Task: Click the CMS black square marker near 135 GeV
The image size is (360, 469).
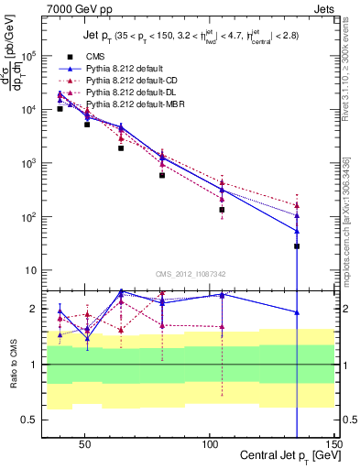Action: pyautogui.click(x=297, y=246)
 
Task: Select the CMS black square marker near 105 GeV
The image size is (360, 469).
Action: pyautogui.click(x=223, y=210)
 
